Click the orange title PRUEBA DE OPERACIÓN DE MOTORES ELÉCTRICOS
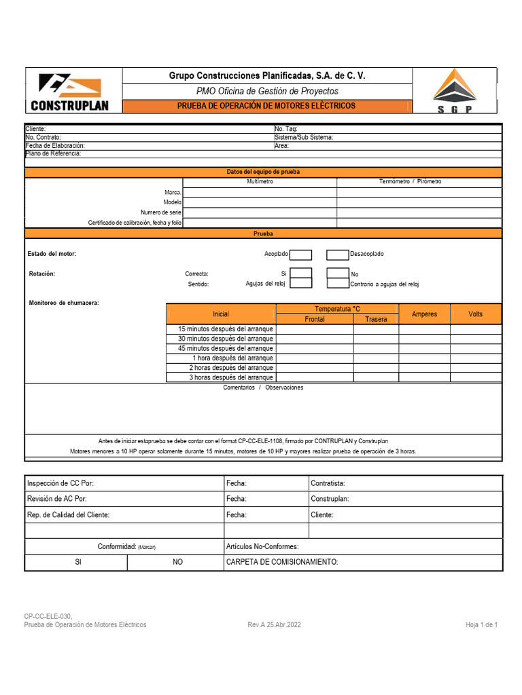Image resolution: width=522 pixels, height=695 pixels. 266,106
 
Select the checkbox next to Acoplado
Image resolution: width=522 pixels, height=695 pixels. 301,255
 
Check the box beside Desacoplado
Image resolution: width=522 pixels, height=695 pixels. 337,255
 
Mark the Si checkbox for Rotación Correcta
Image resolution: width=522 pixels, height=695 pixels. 301,274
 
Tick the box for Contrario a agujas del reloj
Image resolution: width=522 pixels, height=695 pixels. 337,284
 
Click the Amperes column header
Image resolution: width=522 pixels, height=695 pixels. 424,314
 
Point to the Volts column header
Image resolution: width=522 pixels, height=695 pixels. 475,314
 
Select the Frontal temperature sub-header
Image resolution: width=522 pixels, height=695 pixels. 315,319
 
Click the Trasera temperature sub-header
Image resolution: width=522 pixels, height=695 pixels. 376,319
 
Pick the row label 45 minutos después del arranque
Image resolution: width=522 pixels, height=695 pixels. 225,348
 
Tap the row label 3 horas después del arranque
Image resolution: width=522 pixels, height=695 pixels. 231,377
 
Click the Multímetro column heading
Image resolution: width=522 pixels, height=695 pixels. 260,182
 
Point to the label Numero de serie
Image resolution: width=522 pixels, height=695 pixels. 161,212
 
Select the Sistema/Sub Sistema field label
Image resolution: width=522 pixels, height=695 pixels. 303,137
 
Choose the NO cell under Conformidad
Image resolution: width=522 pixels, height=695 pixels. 178,562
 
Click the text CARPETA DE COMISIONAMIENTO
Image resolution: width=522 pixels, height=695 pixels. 281,562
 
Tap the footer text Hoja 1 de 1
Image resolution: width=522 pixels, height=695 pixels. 481,624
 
